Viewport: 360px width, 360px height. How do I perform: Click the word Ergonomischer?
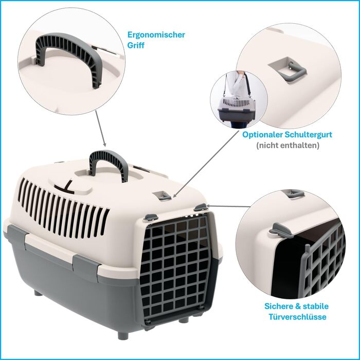(156, 35)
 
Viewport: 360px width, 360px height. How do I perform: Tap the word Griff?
(136, 45)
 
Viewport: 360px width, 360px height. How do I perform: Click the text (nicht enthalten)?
(287, 146)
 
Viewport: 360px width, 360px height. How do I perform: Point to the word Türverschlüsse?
(297, 317)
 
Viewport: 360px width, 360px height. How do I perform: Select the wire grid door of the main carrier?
(176, 267)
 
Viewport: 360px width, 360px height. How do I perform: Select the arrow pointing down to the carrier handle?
(101, 129)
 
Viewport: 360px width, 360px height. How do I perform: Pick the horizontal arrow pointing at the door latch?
(228, 206)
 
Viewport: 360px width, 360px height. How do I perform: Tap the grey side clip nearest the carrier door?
(87, 265)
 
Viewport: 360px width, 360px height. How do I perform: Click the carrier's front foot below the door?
(123, 335)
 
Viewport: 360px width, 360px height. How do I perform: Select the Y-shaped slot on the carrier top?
(65, 187)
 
